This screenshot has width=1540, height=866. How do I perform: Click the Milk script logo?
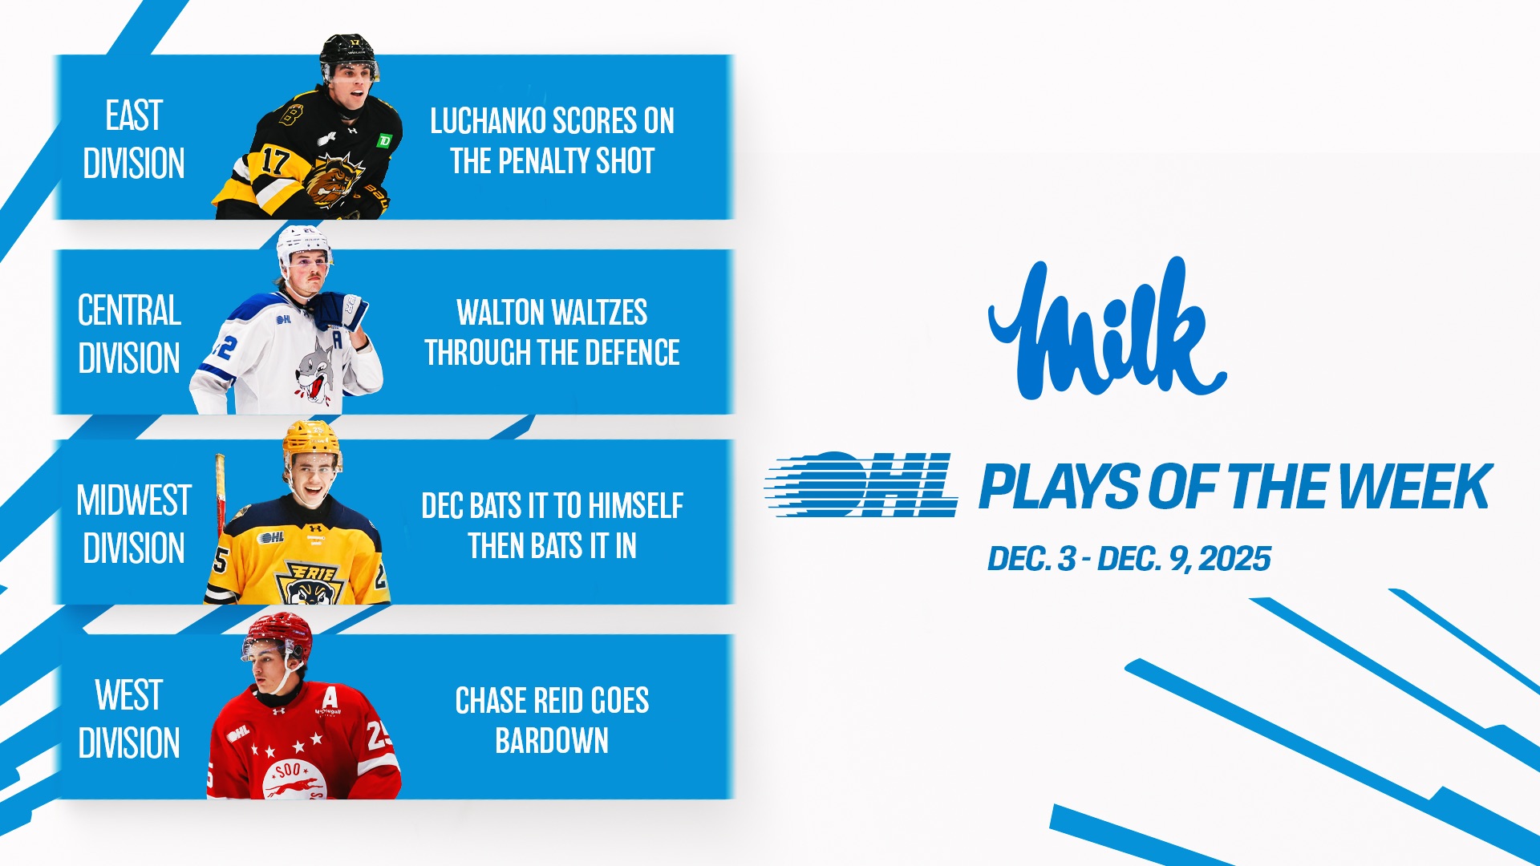pos(1108,329)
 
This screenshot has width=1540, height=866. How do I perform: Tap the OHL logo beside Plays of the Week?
pos(861,484)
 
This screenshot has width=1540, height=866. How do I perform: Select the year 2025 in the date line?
pos(1235,559)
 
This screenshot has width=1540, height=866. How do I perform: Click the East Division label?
pos(134,140)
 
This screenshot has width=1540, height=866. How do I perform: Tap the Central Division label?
pos(129,334)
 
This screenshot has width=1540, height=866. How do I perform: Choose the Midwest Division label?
pos(134,524)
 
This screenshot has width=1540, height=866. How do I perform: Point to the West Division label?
pos(129,719)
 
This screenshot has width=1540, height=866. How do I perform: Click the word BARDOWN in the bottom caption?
pos(552,741)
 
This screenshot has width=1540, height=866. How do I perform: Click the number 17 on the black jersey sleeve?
pos(274,161)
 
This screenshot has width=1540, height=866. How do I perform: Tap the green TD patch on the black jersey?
pos(385,141)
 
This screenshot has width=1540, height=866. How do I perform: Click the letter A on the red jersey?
pos(330,699)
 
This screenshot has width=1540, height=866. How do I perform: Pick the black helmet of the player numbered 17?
pos(348,55)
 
